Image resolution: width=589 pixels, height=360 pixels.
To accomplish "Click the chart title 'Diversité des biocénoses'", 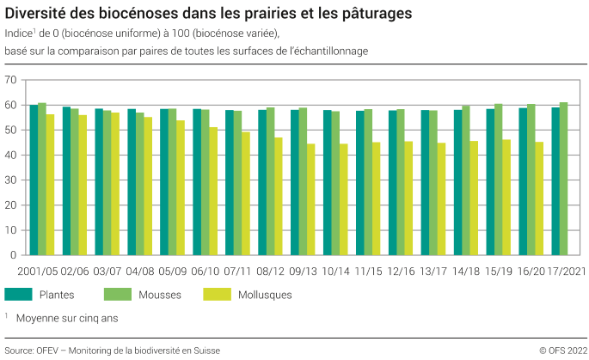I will pyautogui.click(x=207, y=14).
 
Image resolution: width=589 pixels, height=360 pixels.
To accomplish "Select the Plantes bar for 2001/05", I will pyautogui.click(x=34, y=180).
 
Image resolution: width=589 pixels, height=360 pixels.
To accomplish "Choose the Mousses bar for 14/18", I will pyautogui.click(x=465, y=180).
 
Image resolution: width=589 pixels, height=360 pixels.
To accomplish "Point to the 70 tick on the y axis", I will pyautogui.click(x=11, y=80).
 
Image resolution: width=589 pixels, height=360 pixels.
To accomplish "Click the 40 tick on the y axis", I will pyautogui.click(x=11, y=155).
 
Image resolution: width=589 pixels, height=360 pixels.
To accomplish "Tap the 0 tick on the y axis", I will pyautogui.click(x=14, y=255).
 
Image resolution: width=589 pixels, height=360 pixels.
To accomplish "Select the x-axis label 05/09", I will pyautogui.click(x=172, y=270).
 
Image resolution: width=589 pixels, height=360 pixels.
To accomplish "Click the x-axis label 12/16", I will pyautogui.click(x=400, y=270).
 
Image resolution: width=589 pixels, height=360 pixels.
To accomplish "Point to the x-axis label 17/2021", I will pyautogui.click(x=561, y=270).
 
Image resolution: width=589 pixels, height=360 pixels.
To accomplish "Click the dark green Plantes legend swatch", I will pyautogui.click(x=18, y=294).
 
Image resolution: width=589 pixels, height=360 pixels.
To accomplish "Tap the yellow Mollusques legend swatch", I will pyautogui.click(x=216, y=294).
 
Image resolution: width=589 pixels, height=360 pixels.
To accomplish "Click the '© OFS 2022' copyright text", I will pyautogui.click(x=562, y=350).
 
